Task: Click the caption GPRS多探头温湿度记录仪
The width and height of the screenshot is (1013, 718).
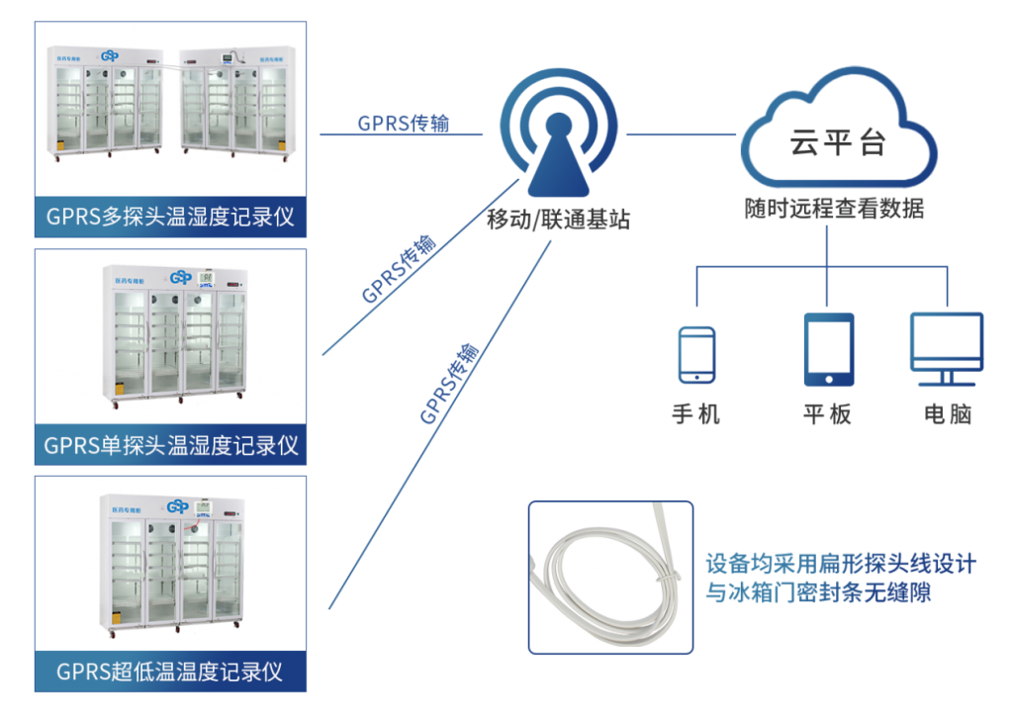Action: tap(170, 217)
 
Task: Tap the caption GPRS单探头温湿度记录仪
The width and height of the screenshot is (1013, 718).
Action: tap(170, 444)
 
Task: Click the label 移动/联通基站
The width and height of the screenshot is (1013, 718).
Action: tap(558, 220)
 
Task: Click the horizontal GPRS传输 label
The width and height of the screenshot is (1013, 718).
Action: tap(403, 124)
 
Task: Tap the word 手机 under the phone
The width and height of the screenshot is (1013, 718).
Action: tap(695, 413)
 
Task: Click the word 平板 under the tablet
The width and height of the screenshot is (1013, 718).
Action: tap(827, 413)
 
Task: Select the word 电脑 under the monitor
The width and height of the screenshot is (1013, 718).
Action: tap(948, 413)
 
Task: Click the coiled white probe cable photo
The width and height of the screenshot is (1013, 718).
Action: tap(610, 577)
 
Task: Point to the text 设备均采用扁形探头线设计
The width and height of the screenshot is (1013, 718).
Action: tap(840, 564)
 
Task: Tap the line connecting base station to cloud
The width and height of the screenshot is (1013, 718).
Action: tap(683, 135)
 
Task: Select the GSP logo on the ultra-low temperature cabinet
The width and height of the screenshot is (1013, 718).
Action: tap(178, 506)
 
